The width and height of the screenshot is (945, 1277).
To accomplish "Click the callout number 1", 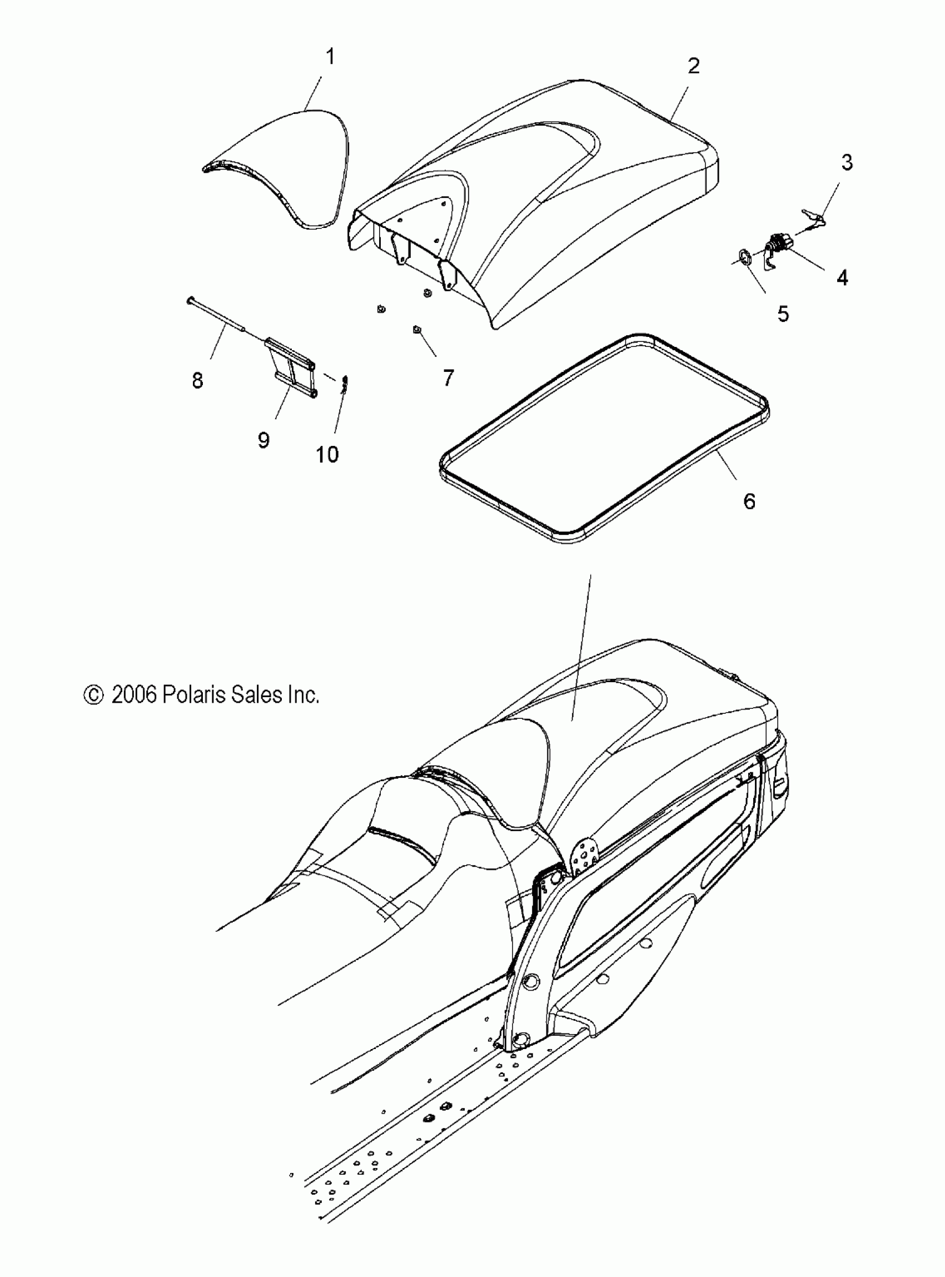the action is coord(330,57).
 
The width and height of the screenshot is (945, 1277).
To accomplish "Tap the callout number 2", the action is coord(693,66).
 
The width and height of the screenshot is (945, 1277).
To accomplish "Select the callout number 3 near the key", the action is coord(847,162).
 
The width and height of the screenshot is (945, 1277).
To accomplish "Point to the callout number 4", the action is coord(842,279).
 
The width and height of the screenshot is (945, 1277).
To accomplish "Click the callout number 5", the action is coord(783,314).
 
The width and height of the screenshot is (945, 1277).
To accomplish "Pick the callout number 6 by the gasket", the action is coord(749,501).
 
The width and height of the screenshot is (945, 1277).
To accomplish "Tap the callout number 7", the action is coord(448,377).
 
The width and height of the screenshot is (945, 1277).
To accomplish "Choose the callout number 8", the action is coord(197,380).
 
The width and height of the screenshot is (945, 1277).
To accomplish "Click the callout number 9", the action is coord(263,440).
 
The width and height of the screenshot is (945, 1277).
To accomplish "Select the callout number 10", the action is coord(327,455).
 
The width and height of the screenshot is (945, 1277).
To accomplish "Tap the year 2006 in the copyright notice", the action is coord(134,694).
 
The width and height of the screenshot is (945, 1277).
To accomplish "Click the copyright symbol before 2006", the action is coord(93,694).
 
